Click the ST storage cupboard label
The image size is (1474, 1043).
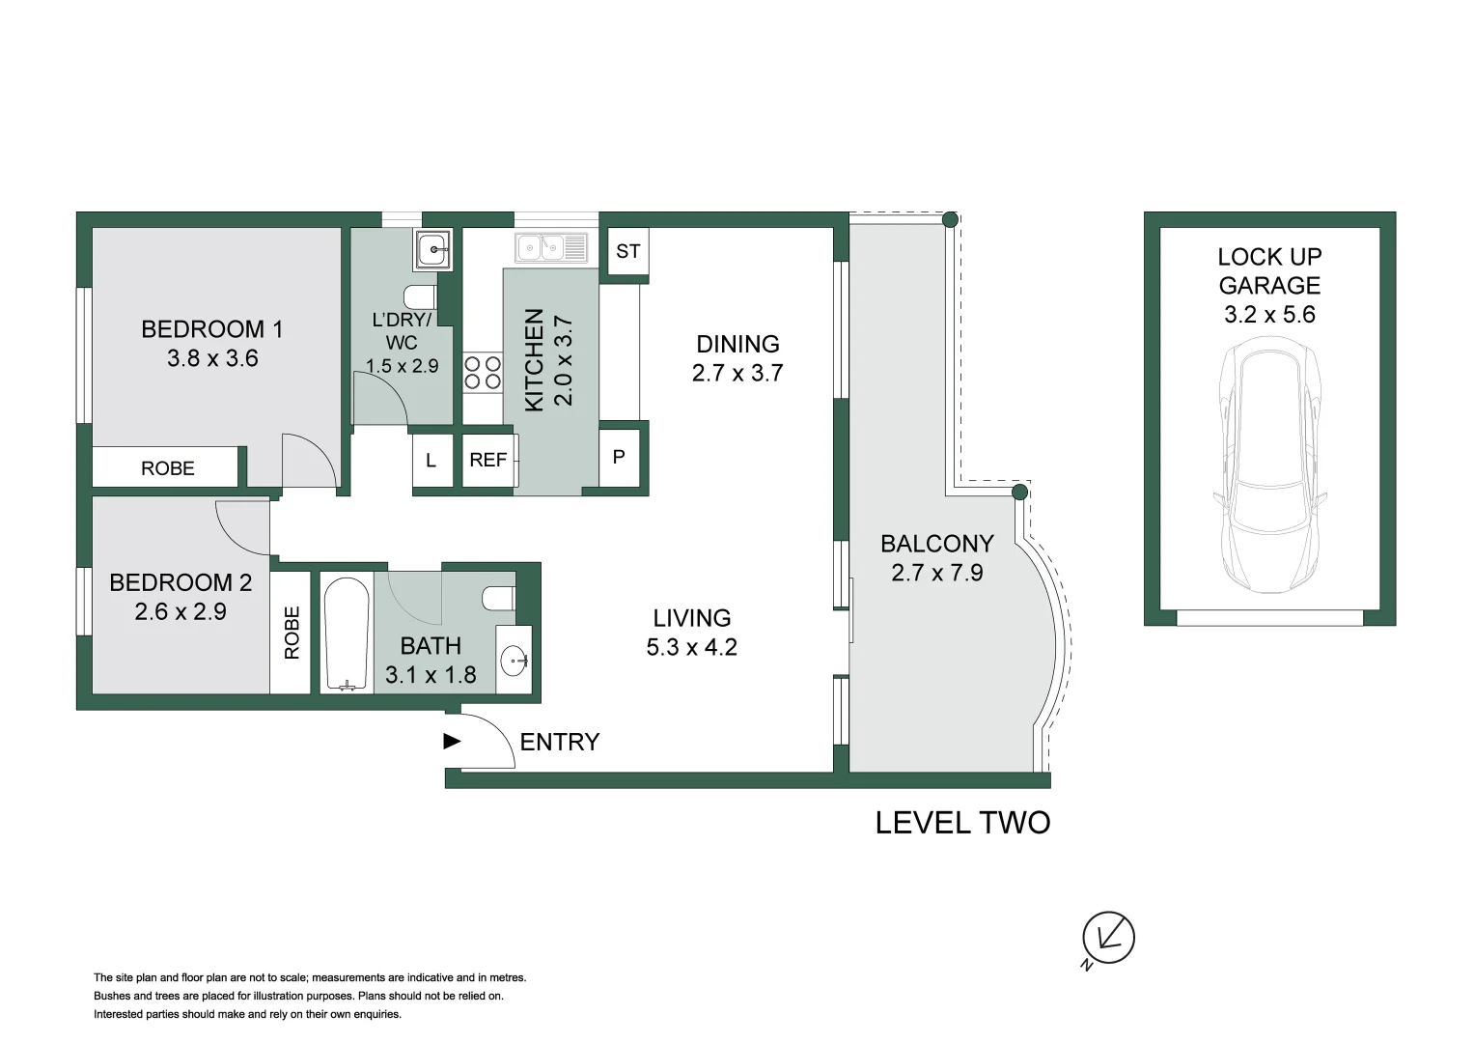(627, 251)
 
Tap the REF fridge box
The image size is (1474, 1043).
(489, 461)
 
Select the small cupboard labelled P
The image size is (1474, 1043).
(619, 458)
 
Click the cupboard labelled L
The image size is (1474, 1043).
(431, 461)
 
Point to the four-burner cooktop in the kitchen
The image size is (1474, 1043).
(483, 373)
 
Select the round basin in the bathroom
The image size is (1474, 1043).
(514, 661)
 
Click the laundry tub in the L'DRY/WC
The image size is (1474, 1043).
(433, 249)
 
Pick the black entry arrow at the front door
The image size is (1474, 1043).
(452, 742)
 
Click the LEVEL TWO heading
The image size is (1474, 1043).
(962, 823)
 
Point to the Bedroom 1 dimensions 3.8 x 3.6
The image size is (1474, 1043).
(212, 358)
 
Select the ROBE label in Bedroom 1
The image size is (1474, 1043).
(168, 468)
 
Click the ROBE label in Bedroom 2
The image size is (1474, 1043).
(292, 633)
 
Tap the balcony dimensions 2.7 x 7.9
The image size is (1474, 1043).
(937, 572)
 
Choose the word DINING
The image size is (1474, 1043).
(737, 344)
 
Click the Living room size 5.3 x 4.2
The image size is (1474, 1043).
(691, 647)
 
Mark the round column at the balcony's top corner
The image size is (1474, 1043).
(950, 220)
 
